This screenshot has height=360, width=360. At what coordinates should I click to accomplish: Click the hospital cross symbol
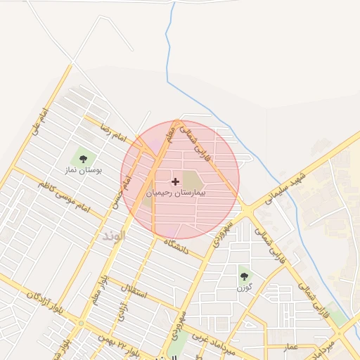pos(175,181)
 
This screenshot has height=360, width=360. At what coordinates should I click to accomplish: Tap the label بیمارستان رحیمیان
pos(175,192)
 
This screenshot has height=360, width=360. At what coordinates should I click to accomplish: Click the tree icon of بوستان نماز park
pos(84,157)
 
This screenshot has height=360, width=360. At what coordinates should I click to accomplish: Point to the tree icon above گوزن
pos(243,276)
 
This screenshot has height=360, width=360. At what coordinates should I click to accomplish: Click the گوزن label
pos(243,288)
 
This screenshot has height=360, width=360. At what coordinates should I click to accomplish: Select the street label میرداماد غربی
pos(211,336)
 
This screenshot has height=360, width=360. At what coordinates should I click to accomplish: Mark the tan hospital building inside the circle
pos(192,179)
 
